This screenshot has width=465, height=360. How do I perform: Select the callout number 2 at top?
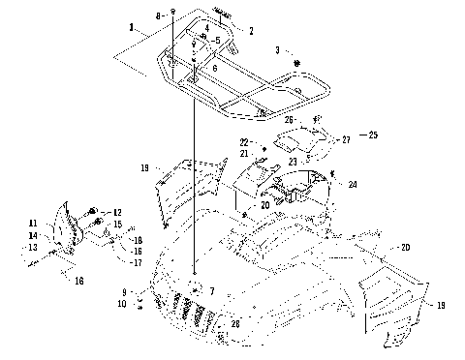coord(251,31)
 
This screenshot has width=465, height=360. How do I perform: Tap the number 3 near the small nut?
coord(277,48)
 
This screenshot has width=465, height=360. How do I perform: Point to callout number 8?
coord(158,16)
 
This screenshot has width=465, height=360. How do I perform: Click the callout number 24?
coord(352,183)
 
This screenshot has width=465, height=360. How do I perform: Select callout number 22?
coord(244,141)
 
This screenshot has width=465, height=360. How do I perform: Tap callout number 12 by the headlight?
coord(117,212)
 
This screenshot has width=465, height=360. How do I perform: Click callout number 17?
coord(137,262)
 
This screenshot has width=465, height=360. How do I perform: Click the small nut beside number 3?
coord(298,64)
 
